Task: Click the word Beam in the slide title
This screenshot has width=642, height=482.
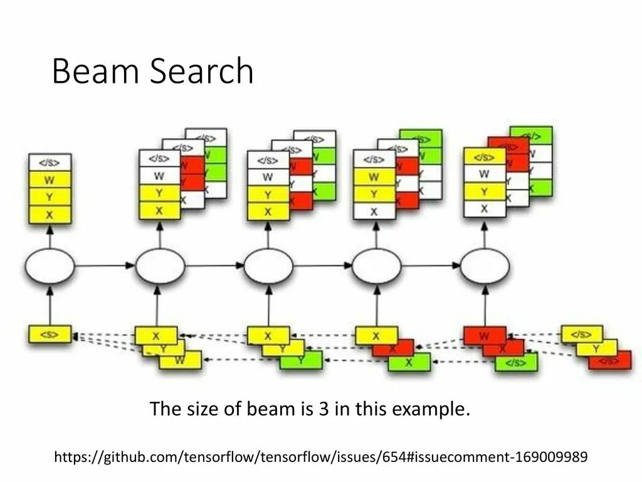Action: (95, 71)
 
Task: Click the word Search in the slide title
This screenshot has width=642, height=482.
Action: (203, 71)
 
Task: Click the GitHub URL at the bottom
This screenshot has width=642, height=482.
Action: (321, 456)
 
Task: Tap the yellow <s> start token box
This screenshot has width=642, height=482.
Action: (50, 334)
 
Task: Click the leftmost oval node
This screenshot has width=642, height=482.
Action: (50, 267)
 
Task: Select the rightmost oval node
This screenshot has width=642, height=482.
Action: (485, 267)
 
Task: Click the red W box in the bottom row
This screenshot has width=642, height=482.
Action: (484, 336)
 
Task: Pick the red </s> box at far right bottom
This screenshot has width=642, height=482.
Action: (611, 361)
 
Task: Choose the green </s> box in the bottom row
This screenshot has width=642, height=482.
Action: (517, 362)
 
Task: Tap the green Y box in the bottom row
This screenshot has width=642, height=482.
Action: (302, 360)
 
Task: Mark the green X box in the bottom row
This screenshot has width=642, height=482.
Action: (409, 362)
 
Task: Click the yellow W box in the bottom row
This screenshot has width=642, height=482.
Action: (181, 360)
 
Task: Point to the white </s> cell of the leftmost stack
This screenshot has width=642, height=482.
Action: (50, 163)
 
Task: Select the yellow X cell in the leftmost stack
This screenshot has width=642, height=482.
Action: (50, 214)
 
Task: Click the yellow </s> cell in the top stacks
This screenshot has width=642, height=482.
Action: (484, 157)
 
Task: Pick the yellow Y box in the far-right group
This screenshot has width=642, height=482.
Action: (597, 348)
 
